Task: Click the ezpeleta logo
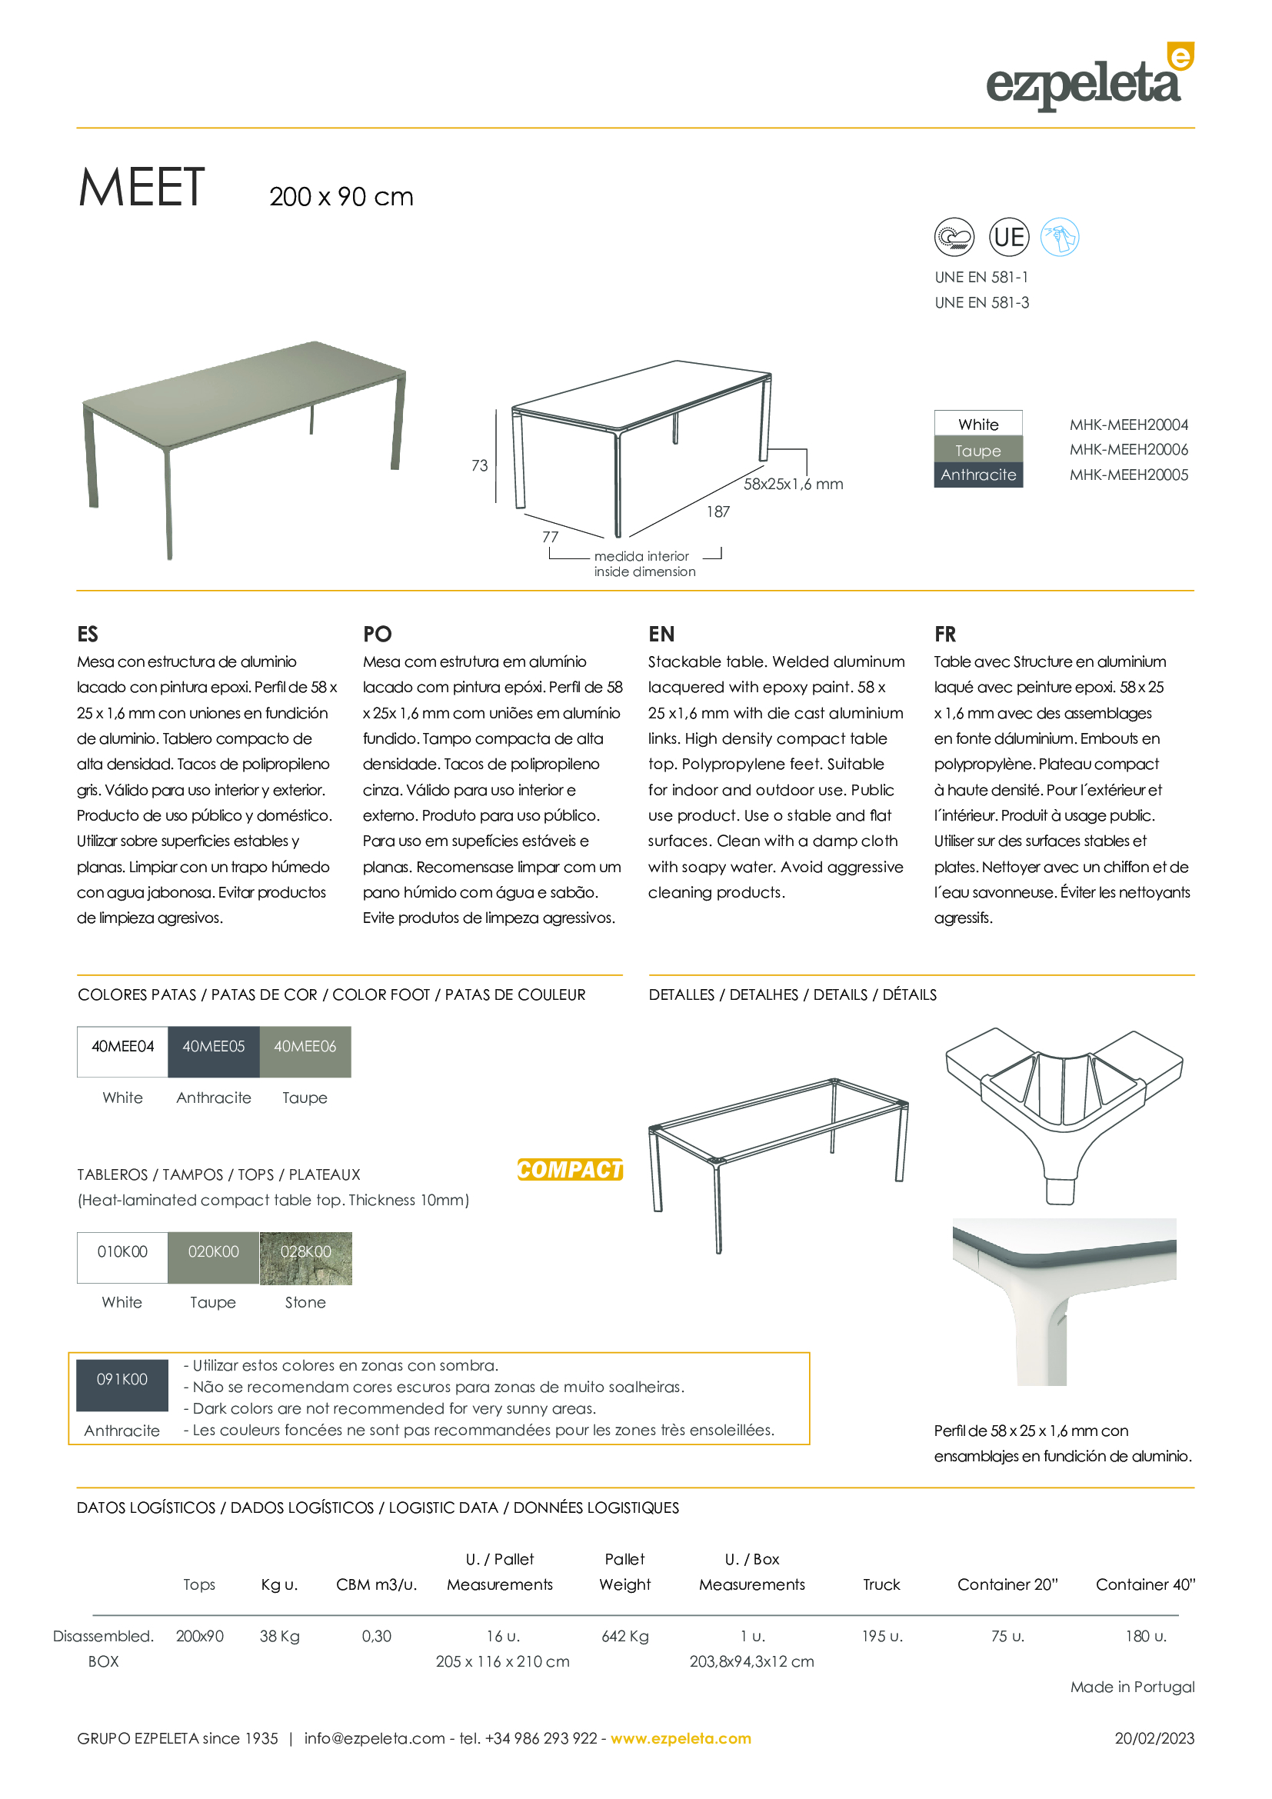pyautogui.click(x=1089, y=78)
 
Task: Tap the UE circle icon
pyautogui.click(x=1009, y=238)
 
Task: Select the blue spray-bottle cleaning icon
pyautogui.click(x=1060, y=238)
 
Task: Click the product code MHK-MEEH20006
pyautogui.click(x=1128, y=450)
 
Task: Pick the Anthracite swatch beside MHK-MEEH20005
pyautogui.click(x=978, y=475)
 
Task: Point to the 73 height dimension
pyautogui.click(x=479, y=465)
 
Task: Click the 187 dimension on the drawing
pyautogui.click(x=718, y=511)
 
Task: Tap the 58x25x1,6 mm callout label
pyautogui.click(x=793, y=485)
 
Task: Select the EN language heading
pyautogui.click(x=661, y=634)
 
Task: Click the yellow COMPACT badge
pyautogui.click(x=570, y=1169)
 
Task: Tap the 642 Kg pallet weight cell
pyautogui.click(x=625, y=1636)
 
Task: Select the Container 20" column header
pyautogui.click(x=1007, y=1584)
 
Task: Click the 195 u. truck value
pyautogui.click(x=882, y=1636)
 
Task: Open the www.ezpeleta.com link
pyautogui.click(x=681, y=1739)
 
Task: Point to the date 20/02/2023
pyautogui.click(x=1154, y=1739)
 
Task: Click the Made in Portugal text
pyautogui.click(x=1133, y=1687)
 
